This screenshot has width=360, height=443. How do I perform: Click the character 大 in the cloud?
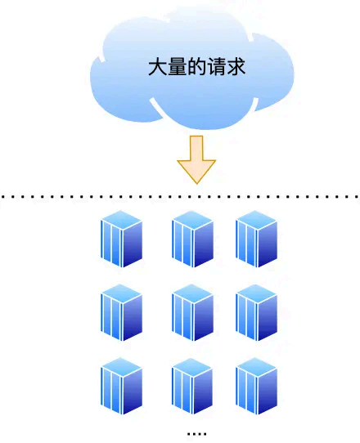pos(156,66)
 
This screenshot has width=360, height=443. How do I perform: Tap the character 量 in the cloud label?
pos(176,66)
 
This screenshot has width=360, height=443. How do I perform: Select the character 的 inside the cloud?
pos(196,66)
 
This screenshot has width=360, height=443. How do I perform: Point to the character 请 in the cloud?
pos(217,66)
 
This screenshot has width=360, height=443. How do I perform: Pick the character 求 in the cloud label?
pos(237,66)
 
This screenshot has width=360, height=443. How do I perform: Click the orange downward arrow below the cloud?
pos(196,159)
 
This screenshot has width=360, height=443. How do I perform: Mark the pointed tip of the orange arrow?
pos(196,181)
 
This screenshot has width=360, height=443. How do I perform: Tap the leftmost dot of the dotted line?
pos(3,197)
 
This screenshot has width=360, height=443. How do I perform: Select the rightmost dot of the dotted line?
pos(357,197)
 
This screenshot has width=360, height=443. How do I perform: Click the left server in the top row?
pos(121,239)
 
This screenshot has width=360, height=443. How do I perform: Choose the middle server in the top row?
pos(192,239)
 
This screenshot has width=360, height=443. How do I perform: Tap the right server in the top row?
pos(256,239)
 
